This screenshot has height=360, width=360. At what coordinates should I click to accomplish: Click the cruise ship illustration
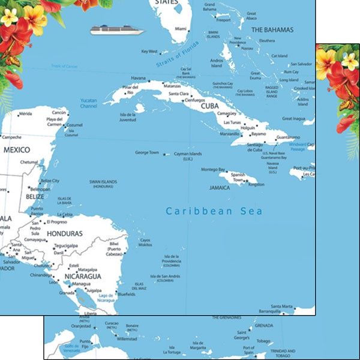[x=118, y=29]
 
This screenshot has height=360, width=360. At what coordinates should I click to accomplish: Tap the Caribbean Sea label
[x=214, y=211]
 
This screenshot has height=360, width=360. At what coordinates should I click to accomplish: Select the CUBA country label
[x=209, y=106]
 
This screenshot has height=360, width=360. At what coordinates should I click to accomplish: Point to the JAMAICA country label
[x=220, y=188]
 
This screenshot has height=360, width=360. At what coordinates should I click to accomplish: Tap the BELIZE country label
[x=35, y=196]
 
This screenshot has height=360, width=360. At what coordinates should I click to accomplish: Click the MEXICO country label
[x=17, y=149]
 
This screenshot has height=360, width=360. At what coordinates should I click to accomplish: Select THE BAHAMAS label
[x=272, y=29]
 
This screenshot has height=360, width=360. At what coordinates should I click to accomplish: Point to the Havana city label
[x=139, y=78]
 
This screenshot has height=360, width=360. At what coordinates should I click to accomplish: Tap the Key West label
[x=149, y=52]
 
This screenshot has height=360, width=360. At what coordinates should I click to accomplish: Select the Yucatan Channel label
[x=88, y=103]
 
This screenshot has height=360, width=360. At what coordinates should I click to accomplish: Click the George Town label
[x=147, y=152]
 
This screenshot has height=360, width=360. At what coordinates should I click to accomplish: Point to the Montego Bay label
[x=213, y=169]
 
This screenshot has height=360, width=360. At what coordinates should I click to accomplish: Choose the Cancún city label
[x=59, y=112]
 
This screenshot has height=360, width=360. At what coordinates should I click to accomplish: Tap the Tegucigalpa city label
[x=67, y=245]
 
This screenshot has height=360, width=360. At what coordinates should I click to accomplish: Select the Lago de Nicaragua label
[x=106, y=298]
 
